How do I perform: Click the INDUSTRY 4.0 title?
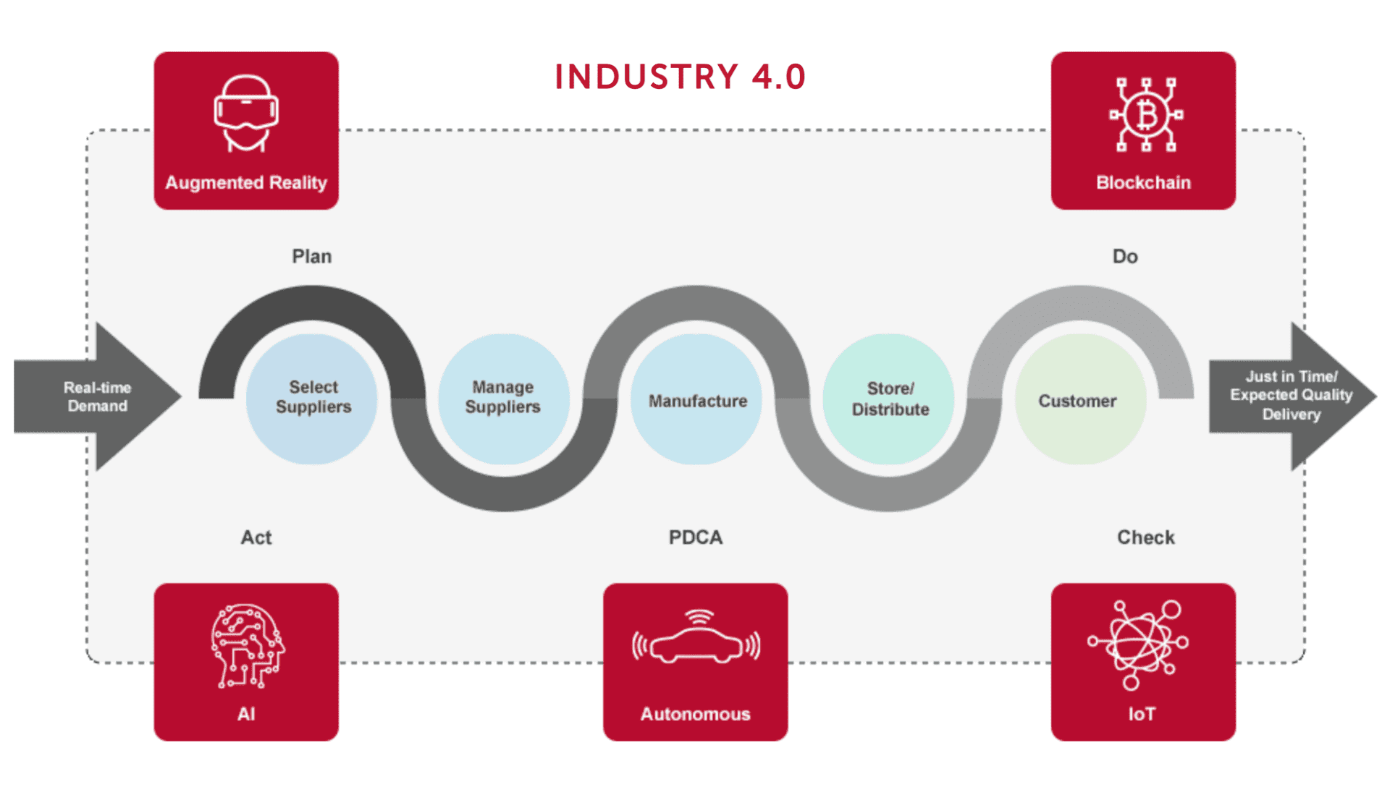pos(680,77)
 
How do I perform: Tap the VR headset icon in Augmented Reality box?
pos(246,113)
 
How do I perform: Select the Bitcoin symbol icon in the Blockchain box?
pos(1145,114)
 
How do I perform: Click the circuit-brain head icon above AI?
pos(247,645)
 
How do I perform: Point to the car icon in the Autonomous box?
pos(696,639)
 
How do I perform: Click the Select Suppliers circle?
pos(313,398)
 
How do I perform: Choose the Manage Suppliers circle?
pos(503,398)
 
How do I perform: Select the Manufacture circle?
pos(696,400)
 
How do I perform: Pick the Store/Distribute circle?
pos(890,399)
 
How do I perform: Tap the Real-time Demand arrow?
pos(98,396)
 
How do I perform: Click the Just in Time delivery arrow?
pos(1291,396)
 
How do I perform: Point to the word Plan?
pos(311,257)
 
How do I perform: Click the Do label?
pos(1124,257)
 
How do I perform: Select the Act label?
pos(256,537)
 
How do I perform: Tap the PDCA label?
pos(695,537)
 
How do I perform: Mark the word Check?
pos(1145,537)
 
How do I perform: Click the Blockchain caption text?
pos(1143,182)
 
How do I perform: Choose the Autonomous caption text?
pos(695,714)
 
